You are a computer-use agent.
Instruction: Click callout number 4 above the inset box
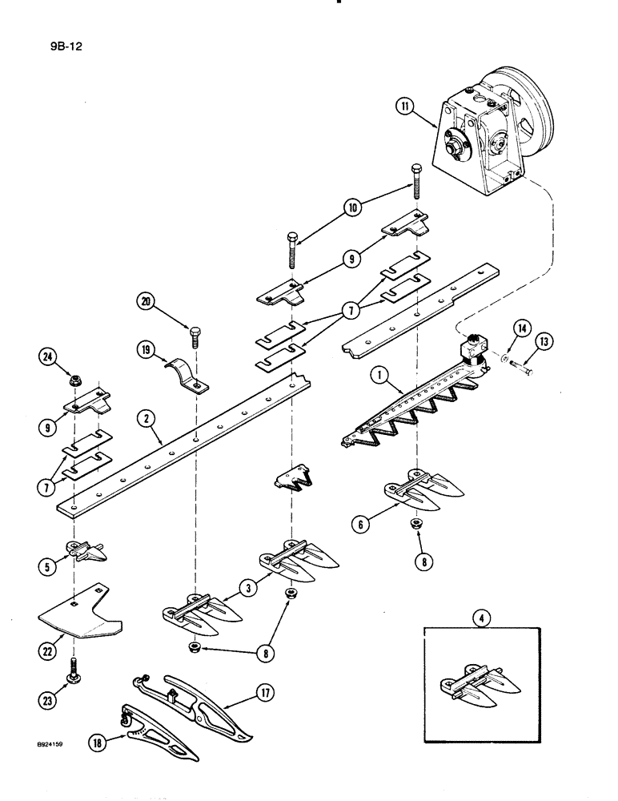coord(478,618)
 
